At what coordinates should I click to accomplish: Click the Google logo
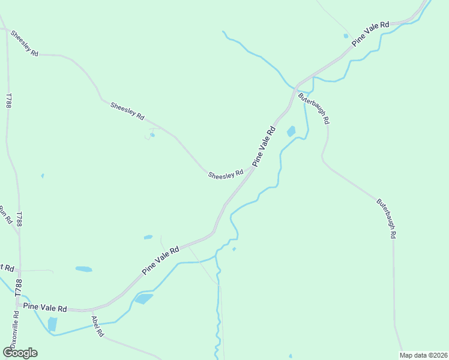click(20, 353)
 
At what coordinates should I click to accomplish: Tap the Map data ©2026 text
click(423, 355)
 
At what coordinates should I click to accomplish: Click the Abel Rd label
click(97, 327)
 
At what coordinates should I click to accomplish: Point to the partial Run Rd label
click(5, 215)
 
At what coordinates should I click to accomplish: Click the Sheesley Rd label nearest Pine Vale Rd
click(226, 174)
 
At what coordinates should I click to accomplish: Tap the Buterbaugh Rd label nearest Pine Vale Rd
click(313, 108)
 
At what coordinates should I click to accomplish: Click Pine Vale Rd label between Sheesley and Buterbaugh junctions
click(264, 146)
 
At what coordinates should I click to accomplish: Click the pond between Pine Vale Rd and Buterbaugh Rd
click(292, 131)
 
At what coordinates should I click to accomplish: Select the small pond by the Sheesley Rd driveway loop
click(152, 134)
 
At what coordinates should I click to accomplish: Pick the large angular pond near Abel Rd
click(143, 298)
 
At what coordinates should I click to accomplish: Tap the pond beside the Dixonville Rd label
click(52, 324)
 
